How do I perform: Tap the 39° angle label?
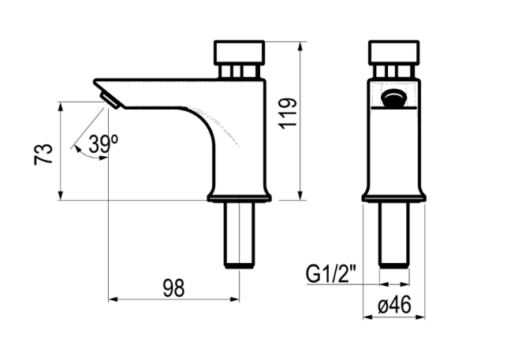tap(103, 144)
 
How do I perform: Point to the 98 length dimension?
tap(174, 288)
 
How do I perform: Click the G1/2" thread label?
tap(332, 275)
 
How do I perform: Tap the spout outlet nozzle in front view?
tap(393, 100)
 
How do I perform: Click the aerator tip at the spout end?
tap(109, 100)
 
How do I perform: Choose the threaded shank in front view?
tap(393, 235)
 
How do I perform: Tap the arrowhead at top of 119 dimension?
tap(300, 47)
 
